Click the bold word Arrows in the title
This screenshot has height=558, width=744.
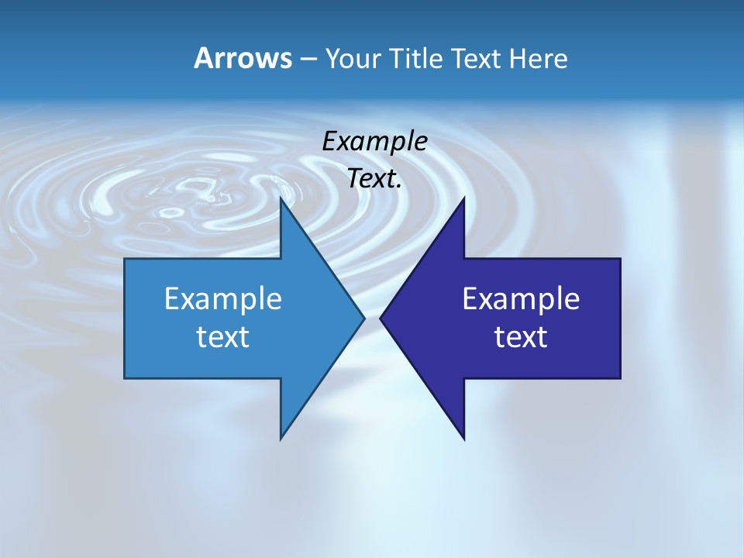coord(243,58)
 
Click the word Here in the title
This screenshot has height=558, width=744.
coord(539,59)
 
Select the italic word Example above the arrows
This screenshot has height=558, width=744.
coord(374,142)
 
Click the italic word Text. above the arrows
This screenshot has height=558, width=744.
coord(373,179)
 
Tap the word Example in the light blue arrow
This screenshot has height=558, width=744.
coord(223,299)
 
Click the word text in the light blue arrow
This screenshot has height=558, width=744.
coord(223,337)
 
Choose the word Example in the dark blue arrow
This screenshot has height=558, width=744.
coord(521,299)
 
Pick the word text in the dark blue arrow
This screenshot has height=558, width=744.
coord(521,337)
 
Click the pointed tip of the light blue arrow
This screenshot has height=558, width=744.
coord(363,318)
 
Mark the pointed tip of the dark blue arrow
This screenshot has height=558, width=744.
coord(381,318)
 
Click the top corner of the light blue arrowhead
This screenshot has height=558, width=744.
coord(281,198)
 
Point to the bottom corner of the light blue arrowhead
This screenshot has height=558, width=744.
coord(281,439)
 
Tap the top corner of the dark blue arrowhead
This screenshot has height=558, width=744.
coord(463,198)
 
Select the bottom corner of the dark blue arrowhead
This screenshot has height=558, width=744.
coord(463,439)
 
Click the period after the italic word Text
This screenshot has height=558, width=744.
coord(399,187)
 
